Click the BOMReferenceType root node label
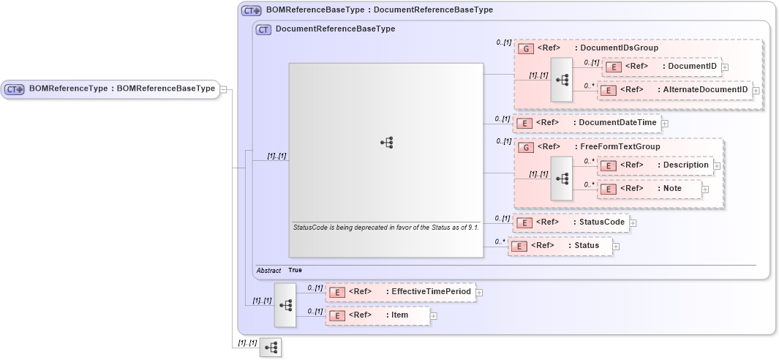pyautogui.click(x=121, y=89)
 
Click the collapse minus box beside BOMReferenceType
pyautogui.click(x=224, y=89)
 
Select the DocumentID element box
pyautogui.click(x=661, y=67)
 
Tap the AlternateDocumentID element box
pyautogui.click(x=674, y=90)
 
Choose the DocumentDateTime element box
pyautogui.click(x=586, y=123)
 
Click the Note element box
pyautogui.click(x=649, y=189)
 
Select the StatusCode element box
pyautogui.click(x=571, y=222)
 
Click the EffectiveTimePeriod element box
pyautogui.click(x=399, y=292)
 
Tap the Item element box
pyautogui.click(x=377, y=315)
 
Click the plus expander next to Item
pyautogui.click(x=434, y=316)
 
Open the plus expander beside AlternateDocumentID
pyautogui.click(x=756, y=90)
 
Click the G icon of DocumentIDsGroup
pyautogui.click(x=524, y=48)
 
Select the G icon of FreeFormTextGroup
pyautogui.click(x=524, y=147)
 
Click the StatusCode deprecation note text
pyautogui.click(x=385, y=228)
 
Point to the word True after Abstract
pyautogui.click(x=295, y=270)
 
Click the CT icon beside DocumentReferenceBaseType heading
pyautogui.click(x=263, y=30)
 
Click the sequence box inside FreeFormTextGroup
pyautogui.click(x=562, y=178)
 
